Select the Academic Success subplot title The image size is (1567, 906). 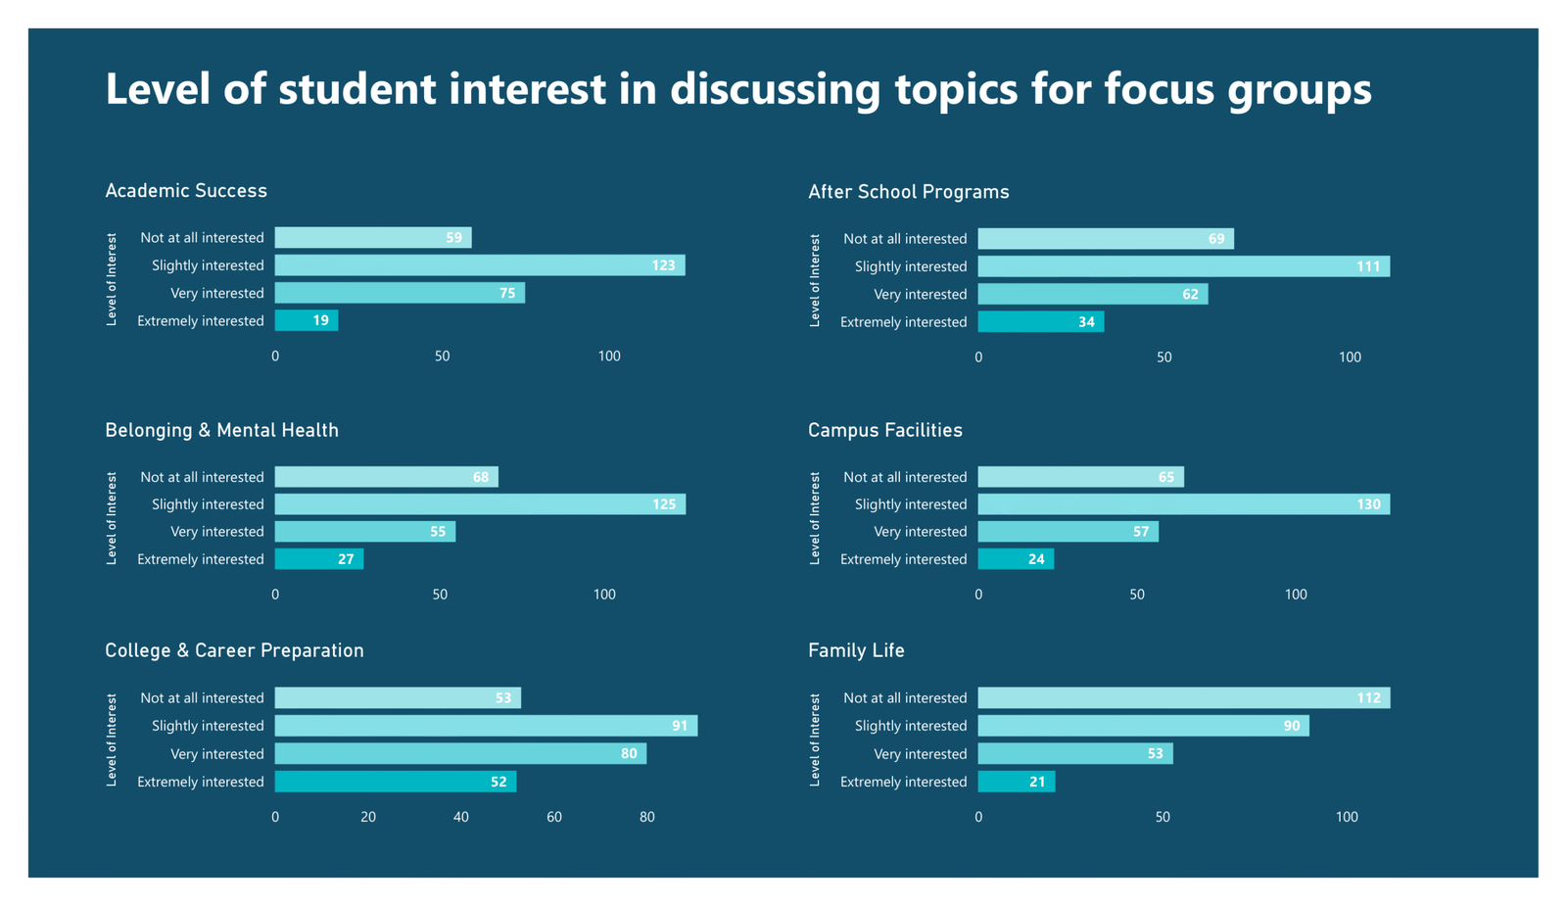tap(186, 191)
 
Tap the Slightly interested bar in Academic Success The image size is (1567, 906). tap(479, 265)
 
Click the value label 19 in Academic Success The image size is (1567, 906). tap(320, 320)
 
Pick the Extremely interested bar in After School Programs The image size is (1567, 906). tap(1040, 322)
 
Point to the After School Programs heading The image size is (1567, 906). tap(908, 192)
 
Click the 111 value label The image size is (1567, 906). tap(1367, 266)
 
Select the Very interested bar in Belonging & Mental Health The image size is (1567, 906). tap(364, 532)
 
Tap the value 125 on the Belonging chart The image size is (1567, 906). tap(663, 504)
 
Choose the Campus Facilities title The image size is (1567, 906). tap(884, 431)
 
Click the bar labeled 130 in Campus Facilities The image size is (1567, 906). tap(1183, 504)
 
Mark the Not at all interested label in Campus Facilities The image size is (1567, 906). tap(904, 477)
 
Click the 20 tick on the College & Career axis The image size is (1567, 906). tap(368, 817)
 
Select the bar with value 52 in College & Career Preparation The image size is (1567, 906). tap(395, 782)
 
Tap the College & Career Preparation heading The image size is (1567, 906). tap(234, 651)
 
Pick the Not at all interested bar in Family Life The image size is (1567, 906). tap(1183, 698)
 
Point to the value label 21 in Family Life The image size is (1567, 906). tap(1037, 782)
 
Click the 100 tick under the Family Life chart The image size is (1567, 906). tap(1347, 817)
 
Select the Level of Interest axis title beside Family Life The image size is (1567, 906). tap(815, 739)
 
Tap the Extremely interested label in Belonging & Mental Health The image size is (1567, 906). tap(201, 559)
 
